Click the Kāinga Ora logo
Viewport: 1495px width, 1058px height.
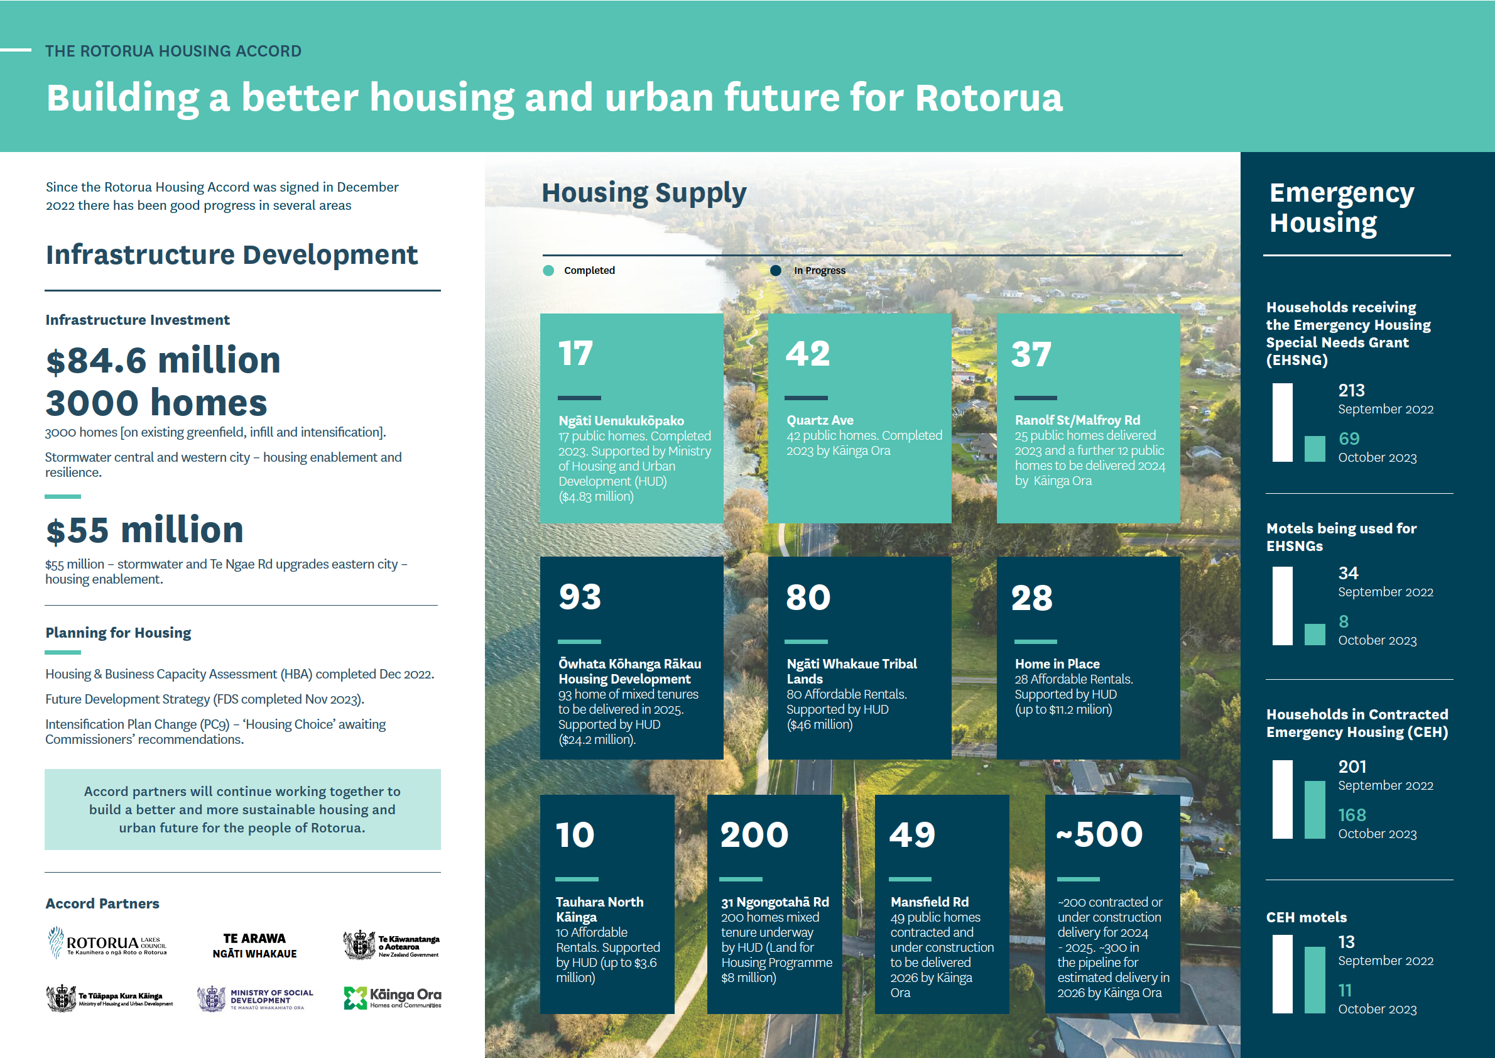[x=392, y=998]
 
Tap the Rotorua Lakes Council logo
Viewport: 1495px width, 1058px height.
[x=107, y=942]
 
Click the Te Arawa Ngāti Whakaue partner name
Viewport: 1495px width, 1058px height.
[x=254, y=946]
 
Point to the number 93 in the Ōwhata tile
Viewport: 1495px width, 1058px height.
[x=580, y=597]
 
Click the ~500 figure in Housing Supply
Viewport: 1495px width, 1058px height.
[x=1100, y=834]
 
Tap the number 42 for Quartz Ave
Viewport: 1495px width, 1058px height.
[x=808, y=354]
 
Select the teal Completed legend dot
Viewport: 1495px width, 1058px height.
[x=548, y=270]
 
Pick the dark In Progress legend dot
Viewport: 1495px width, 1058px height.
[x=776, y=270]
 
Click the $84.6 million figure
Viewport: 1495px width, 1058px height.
[x=163, y=360]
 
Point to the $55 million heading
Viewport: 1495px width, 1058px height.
[x=144, y=530]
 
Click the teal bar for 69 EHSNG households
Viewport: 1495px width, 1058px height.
[x=1315, y=449]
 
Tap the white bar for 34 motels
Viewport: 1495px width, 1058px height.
[x=1282, y=606]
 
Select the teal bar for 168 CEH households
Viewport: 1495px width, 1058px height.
[x=1315, y=810]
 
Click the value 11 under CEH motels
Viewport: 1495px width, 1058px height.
[x=1344, y=991]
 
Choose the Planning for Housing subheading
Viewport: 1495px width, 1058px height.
[x=118, y=633]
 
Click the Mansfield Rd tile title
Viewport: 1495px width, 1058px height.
[x=930, y=902]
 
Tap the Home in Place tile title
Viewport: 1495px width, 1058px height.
[x=1057, y=664]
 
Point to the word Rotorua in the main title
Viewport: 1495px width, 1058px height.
[x=989, y=98]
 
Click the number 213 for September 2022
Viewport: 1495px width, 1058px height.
[x=1351, y=390]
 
